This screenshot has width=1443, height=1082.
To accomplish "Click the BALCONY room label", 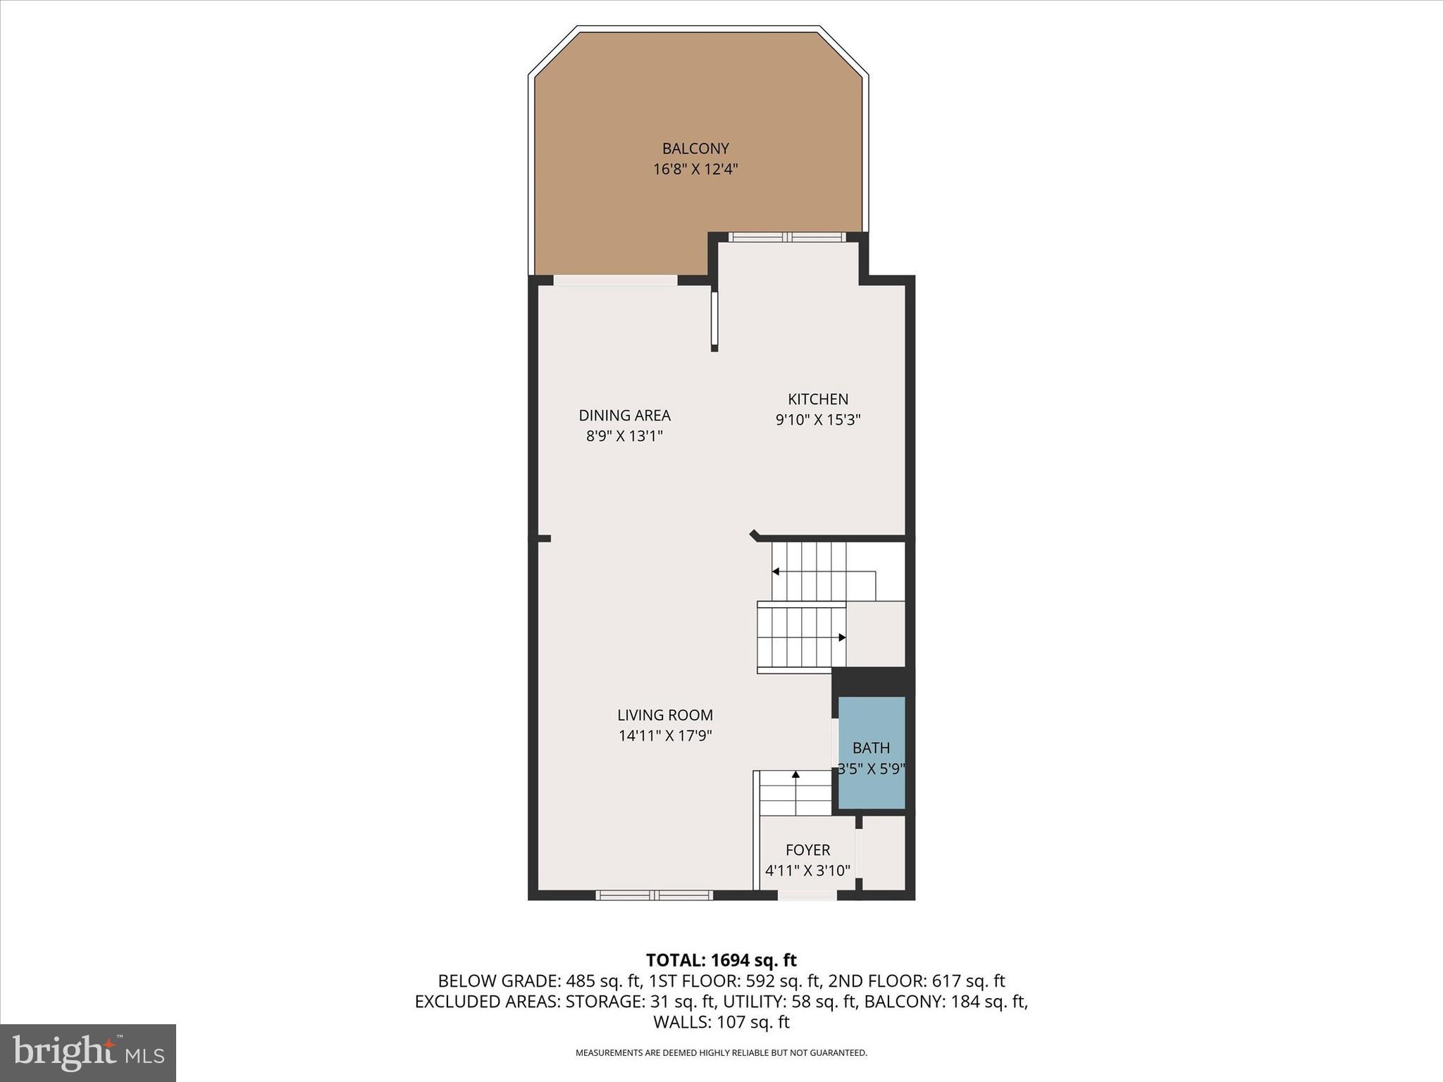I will (x=695, y=149).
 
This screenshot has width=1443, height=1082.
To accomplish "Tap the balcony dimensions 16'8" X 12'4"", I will (x=695, y=169).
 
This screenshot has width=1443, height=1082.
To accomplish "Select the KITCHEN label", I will (x=817, y=399).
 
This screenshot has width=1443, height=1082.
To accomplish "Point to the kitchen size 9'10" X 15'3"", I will (x=817, y=420).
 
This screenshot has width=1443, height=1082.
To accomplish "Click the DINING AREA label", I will (x=624, y=416).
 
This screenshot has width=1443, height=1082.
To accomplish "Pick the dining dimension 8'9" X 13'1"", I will (x=624, y=436).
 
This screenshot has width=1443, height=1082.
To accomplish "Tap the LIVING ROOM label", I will (x=664, y=715).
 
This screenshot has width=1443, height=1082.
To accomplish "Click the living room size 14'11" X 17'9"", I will (x=664, y=736).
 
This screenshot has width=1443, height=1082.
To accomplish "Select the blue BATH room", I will (x=871, y=752).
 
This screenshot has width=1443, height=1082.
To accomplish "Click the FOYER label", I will (x=807, y=850).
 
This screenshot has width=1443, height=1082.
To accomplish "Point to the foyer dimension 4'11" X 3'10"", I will (x=807, y=871).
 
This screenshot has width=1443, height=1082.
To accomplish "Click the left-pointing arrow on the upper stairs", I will (x=776, y=571).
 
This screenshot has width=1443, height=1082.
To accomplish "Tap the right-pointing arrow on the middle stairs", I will (x=841, y=638).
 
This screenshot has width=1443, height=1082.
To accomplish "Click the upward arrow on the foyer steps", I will (x=795, y=775).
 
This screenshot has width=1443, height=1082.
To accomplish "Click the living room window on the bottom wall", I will (x=654, y=895).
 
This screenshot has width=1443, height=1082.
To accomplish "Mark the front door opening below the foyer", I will (x=807, y=895).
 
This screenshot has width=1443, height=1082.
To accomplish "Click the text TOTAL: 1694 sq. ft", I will (x=721, y=960).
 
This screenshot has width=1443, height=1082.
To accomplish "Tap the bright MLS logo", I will (x=88, y=1053).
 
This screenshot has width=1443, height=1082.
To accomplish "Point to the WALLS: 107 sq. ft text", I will (x=721, y=1022).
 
